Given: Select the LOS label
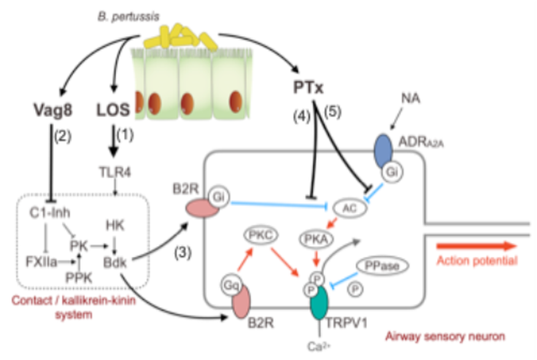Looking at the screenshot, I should coord(113,107).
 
